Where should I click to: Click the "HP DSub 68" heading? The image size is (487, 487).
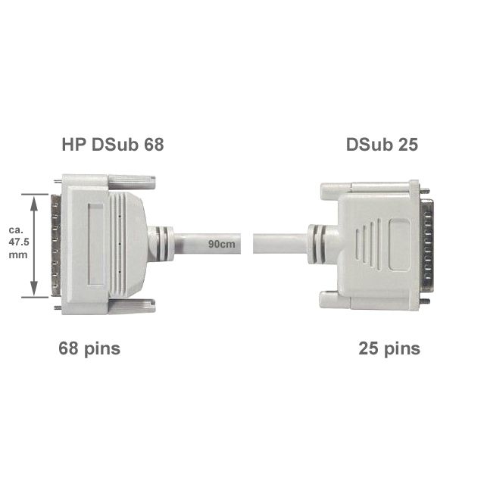(113, 145)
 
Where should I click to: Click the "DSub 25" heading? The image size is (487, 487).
(382, 145)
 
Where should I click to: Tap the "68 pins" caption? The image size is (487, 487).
(89, 348)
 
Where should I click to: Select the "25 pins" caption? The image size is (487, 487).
(389, 348)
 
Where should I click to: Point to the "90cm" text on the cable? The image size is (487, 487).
(222, 244)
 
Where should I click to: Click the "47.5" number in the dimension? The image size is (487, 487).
(19, 242)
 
